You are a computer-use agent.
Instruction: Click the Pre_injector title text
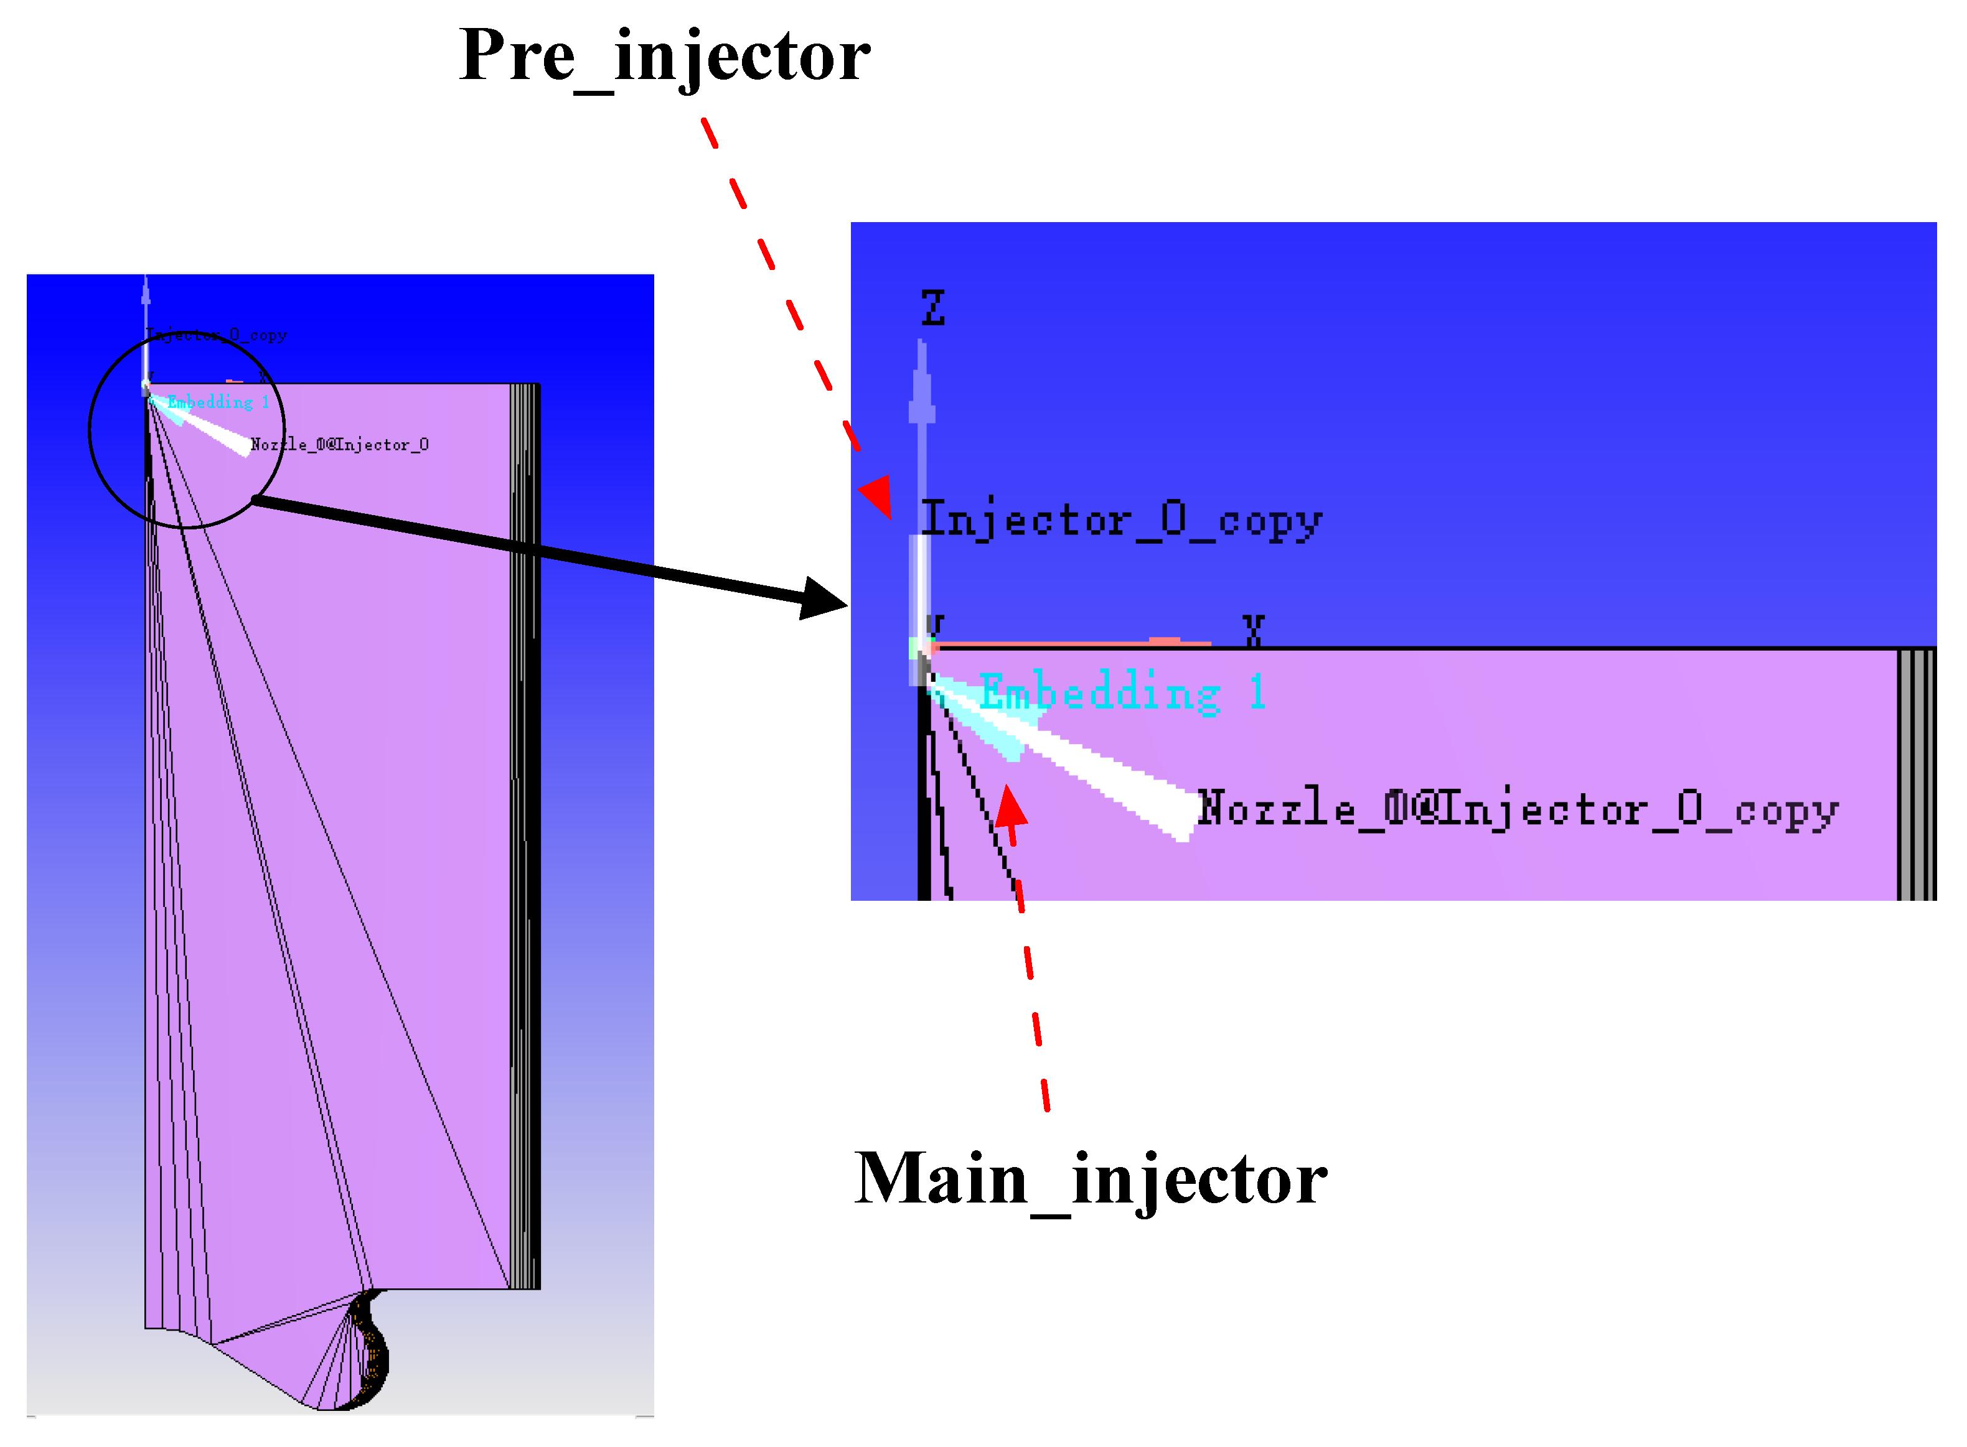664,56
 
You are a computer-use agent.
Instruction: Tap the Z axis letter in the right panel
932,309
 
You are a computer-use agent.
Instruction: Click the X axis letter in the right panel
1253,630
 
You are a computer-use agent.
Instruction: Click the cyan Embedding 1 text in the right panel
1122,692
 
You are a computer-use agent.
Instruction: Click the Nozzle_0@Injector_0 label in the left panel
339,445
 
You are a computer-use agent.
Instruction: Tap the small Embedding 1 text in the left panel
218,402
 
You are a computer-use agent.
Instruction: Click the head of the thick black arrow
822,599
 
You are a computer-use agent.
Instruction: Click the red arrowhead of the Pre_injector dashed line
878,495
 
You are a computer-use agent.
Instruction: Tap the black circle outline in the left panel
90,429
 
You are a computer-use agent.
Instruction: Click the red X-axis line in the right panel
1069,644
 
